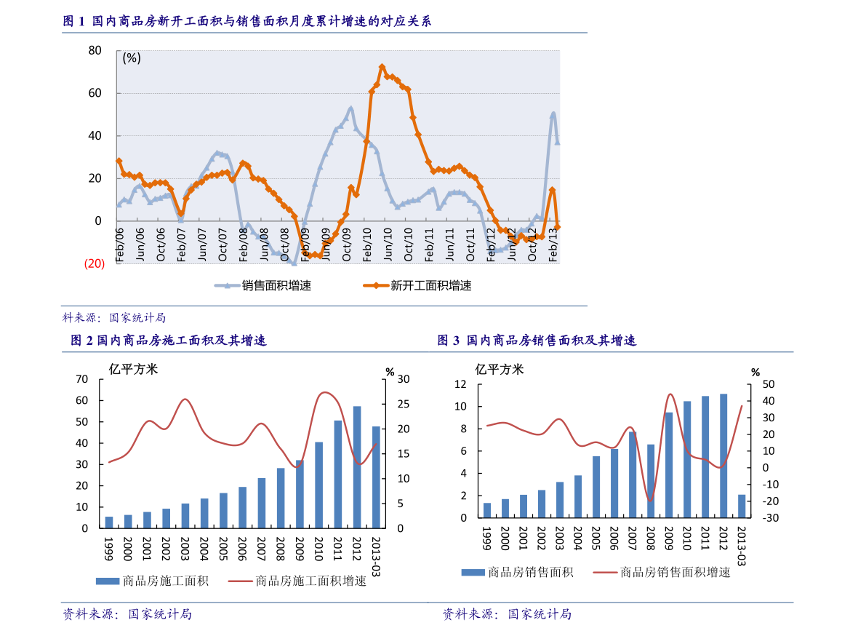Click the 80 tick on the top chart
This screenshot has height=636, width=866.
coord(95,50)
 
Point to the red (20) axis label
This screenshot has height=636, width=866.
coord(95,263)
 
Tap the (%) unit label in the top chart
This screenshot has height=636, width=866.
coord(132,58)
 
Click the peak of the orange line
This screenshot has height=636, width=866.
coord(382,67)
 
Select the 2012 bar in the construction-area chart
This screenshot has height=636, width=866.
coord(357,467)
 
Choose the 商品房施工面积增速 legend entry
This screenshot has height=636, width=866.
coord(297,581)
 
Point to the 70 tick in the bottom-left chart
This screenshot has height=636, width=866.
coord(81,379)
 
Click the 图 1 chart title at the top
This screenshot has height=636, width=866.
coord(247,22)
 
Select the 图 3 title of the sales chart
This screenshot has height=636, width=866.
coord(537,340)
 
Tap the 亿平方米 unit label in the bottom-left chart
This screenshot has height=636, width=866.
coord(133,369)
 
